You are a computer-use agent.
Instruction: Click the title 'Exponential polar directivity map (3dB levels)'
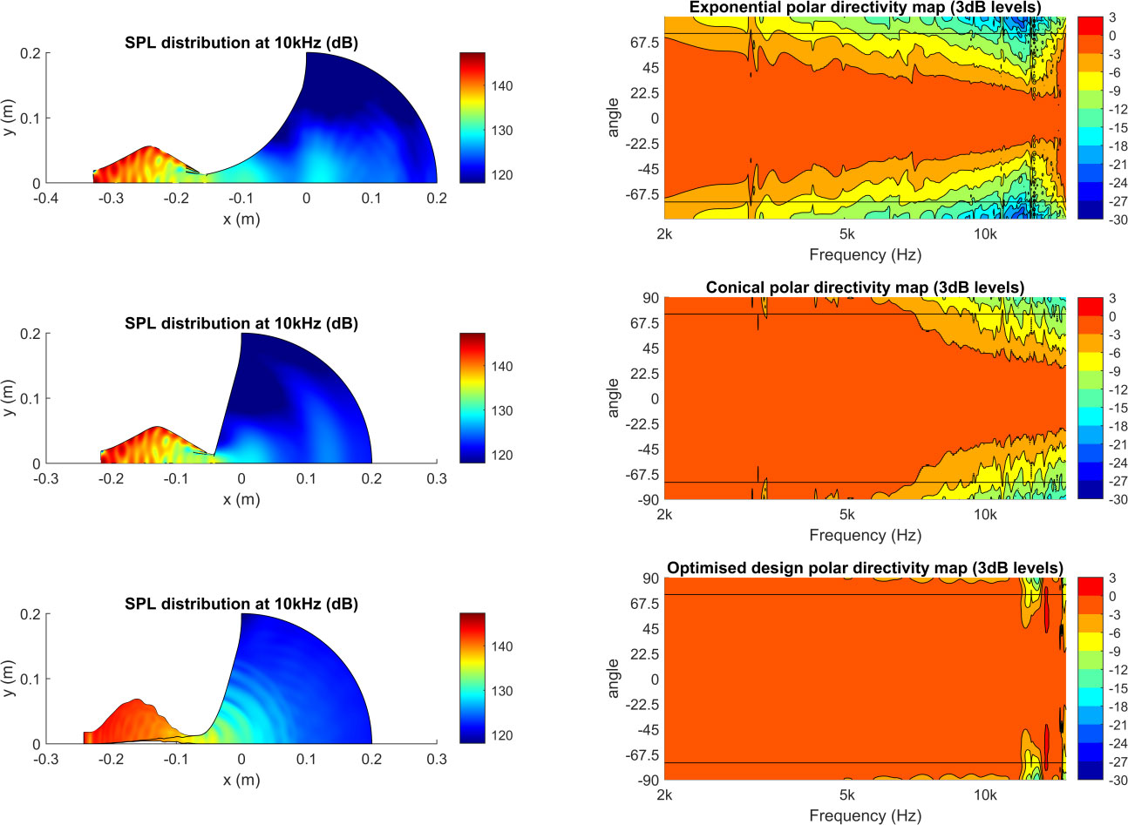[865, 8]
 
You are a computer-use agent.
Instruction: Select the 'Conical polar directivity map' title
[865, 287]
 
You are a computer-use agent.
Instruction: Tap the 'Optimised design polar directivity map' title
[865, 568]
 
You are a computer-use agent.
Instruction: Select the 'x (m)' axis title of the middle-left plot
[241, 500]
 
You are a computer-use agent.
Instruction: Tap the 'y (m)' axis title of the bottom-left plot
[9, 679]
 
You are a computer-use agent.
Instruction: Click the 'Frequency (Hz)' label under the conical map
[865, 535]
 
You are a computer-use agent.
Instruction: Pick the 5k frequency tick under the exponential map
[846, 234]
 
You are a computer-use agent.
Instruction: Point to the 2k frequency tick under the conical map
[664, 514]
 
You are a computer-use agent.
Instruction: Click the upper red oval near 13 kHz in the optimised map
[1045, 612]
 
